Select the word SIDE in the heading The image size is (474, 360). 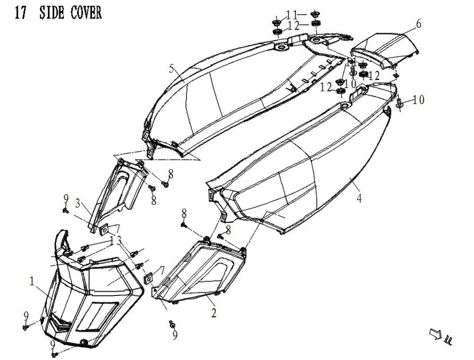[x=52, y=13]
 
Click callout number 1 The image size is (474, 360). [x=33, y=281]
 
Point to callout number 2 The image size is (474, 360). [x=213, y=313]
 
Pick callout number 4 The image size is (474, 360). [x=359, y=199]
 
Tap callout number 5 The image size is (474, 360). [x=171, y=69]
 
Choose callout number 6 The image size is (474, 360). [x=419, y=23]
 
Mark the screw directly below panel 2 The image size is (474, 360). [x=171, y=323]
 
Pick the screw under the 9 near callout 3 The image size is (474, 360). [x=65, y=210]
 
